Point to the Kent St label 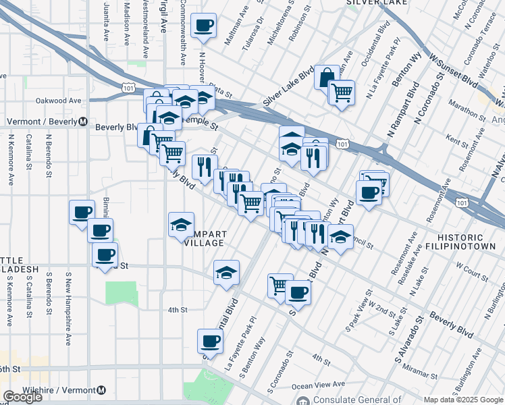pos(457,144)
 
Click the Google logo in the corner pos(22,397)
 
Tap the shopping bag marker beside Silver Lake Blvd pos(327,77)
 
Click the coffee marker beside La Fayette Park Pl pos(210,342)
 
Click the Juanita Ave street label pos(106,20)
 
